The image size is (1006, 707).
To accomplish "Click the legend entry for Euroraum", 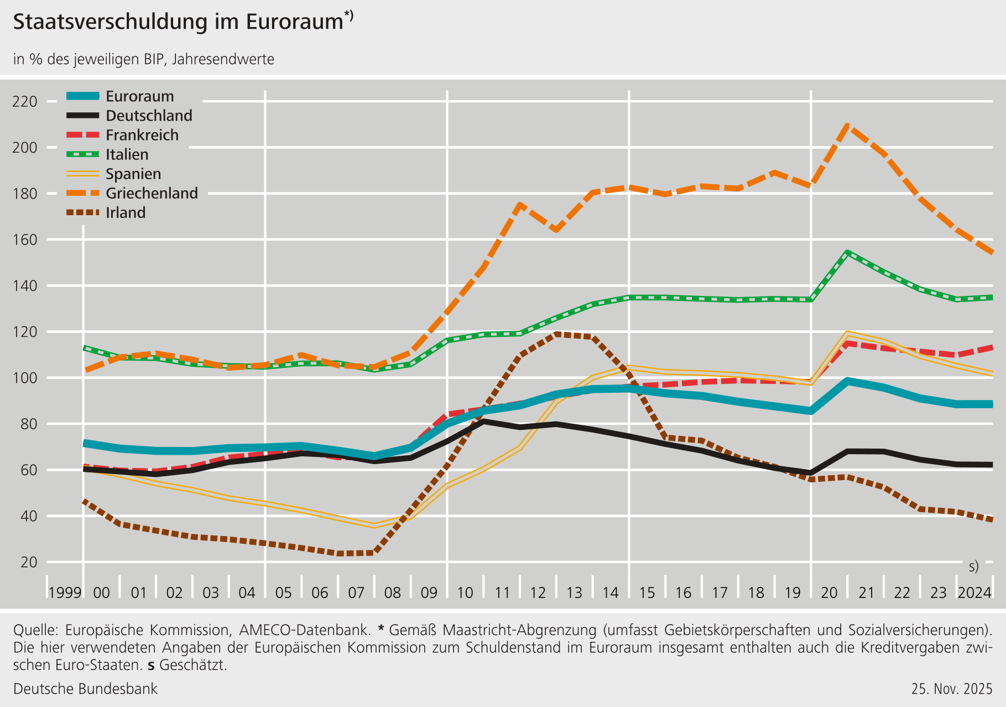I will pyautogui.click(x=139, y=96).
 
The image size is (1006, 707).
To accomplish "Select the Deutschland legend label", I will pyautogui.click(x=149, y=116).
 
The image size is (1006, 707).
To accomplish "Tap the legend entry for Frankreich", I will pyautogui.click(x=142, y=135).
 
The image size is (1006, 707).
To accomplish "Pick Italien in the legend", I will pyautogui.click(x=127, y=154).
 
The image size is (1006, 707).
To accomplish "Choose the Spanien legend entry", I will pyautogui.click(x=133, y=174).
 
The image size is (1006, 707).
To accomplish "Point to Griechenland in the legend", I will pyautogui.click(x=152, y=193).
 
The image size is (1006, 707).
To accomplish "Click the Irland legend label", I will pyautogui.click(x=126, y=212).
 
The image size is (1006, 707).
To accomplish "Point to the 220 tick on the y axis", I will pyautogui.click(x=25, y=102).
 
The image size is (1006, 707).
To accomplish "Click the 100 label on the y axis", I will pyautogui.click(x=25, y=378).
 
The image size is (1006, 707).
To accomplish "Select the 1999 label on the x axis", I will pyautogui.click(x=65, y=593).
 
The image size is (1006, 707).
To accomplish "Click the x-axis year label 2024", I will pyautogui.click(x=974, y=593).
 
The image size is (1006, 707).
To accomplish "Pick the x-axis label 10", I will pyautogui.click(x=465, y=593).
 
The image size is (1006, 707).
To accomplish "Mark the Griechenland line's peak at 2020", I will pyautogui.click(x=847, y=125).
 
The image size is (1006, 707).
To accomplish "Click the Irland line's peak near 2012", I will pyautogui.click(x=556, y=334).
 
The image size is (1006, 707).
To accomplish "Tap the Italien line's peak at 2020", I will pyautogui.click(x=847, y=253).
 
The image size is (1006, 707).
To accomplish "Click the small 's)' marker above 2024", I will pyautogui.click(x=974, y=566).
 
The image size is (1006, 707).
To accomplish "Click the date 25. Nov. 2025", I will pyautogui.click(x=952, y=689).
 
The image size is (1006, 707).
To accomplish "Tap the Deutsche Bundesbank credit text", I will pyautogui.click(x=85, y=689).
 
